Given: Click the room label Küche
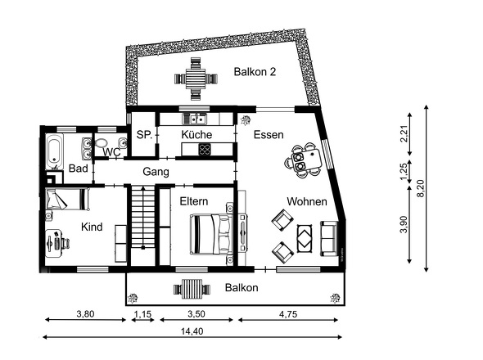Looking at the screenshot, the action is pos(196,134).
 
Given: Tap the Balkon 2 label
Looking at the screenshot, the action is pos(255,72).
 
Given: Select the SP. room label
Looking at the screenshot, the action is pos(144,134).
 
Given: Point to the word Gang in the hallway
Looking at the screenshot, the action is pos(156,172).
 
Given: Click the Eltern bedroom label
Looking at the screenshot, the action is pos(194,201).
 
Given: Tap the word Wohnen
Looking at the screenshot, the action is pos(307,202).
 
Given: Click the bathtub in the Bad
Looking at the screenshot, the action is pos(55,151).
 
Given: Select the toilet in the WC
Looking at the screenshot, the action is pos(101,143).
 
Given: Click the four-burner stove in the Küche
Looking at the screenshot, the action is pos(205,150).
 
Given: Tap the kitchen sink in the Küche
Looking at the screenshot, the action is pos(195,119).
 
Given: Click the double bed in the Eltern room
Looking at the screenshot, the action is pos(210,234).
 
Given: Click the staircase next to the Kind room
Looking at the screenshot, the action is pos(143,218).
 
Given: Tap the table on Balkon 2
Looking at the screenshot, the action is pos(196,79).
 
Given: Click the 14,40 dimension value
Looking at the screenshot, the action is pos(192,331).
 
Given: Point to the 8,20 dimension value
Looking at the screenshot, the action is pos(421,188).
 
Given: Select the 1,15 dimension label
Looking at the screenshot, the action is pos(143,314).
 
